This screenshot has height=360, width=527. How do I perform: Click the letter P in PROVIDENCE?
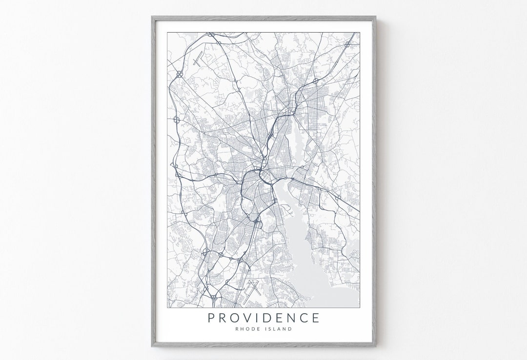(x=211, y=318)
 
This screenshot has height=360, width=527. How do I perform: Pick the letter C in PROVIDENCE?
(x=303, y=318)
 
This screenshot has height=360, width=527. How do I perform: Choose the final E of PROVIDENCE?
(x=315, y=318)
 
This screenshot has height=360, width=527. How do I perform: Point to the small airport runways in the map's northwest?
(x=198, y=61)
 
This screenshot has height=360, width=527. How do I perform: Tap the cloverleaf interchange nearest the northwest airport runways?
(x=179, y=74)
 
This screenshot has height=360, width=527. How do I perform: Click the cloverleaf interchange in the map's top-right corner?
(x=347, y=44)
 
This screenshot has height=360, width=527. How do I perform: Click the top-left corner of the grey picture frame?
(x=152, y=17)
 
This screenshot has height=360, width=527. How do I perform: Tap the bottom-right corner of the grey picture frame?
(x=375, y=346)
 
